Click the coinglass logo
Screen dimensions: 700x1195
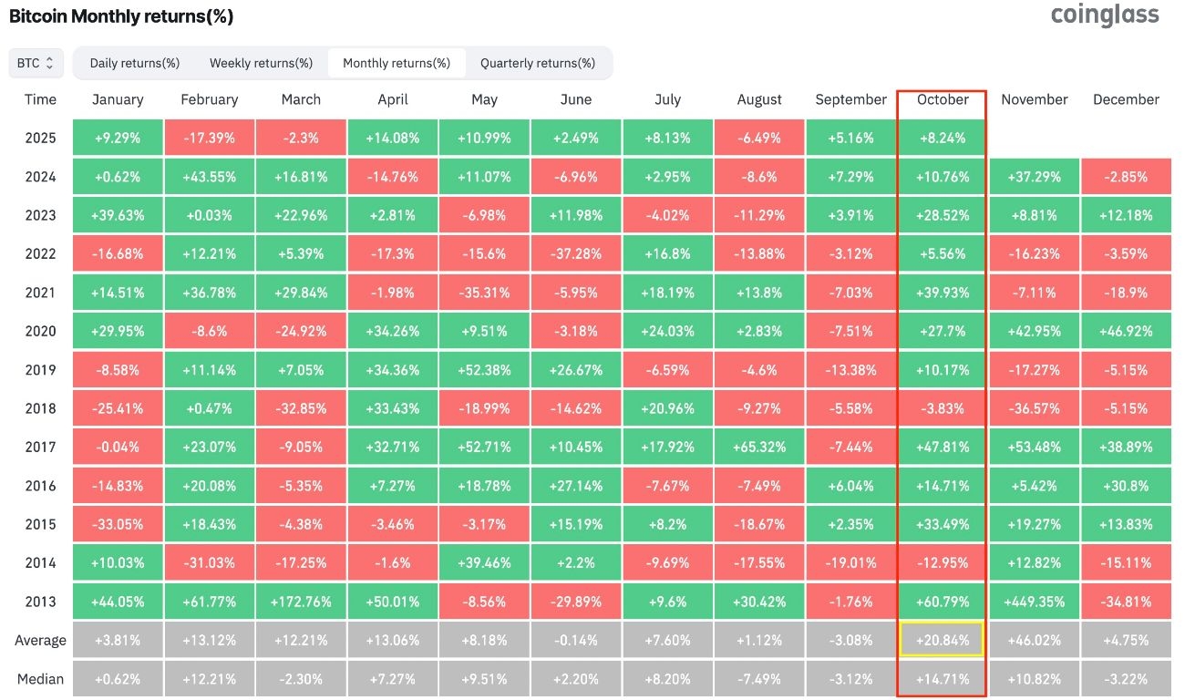tap(1105, 15)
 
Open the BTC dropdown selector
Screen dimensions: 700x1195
tap(36, 63)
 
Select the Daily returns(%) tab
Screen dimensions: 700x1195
tap(135, 63)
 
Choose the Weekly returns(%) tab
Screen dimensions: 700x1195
tap(261, 63)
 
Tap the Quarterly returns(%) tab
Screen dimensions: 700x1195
tap(538, 63)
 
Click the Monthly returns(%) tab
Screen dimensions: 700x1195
tap(397, 63)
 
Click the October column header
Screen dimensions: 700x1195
tap(943, 99)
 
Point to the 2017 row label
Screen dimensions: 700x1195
tap(40, 447)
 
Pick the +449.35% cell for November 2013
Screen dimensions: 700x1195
tap(1034, 602)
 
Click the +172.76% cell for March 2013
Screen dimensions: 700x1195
tap(301, 602)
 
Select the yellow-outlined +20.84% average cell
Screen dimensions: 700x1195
tap(943, 640)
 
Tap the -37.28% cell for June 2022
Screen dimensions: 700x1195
tap(575, 253)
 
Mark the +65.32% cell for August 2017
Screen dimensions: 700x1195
tap(759, 447)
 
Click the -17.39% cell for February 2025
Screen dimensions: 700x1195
tap(209, 138)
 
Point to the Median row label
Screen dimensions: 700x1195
tap(40, 678)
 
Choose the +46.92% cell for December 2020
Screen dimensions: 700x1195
tap(1126, 331)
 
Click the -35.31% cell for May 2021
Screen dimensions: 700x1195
tap(484, 293)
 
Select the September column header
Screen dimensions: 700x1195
tap(850, 99)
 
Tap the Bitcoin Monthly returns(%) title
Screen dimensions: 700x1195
tap(121, 16)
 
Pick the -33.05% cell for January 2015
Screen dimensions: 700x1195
tap(118, 524)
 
